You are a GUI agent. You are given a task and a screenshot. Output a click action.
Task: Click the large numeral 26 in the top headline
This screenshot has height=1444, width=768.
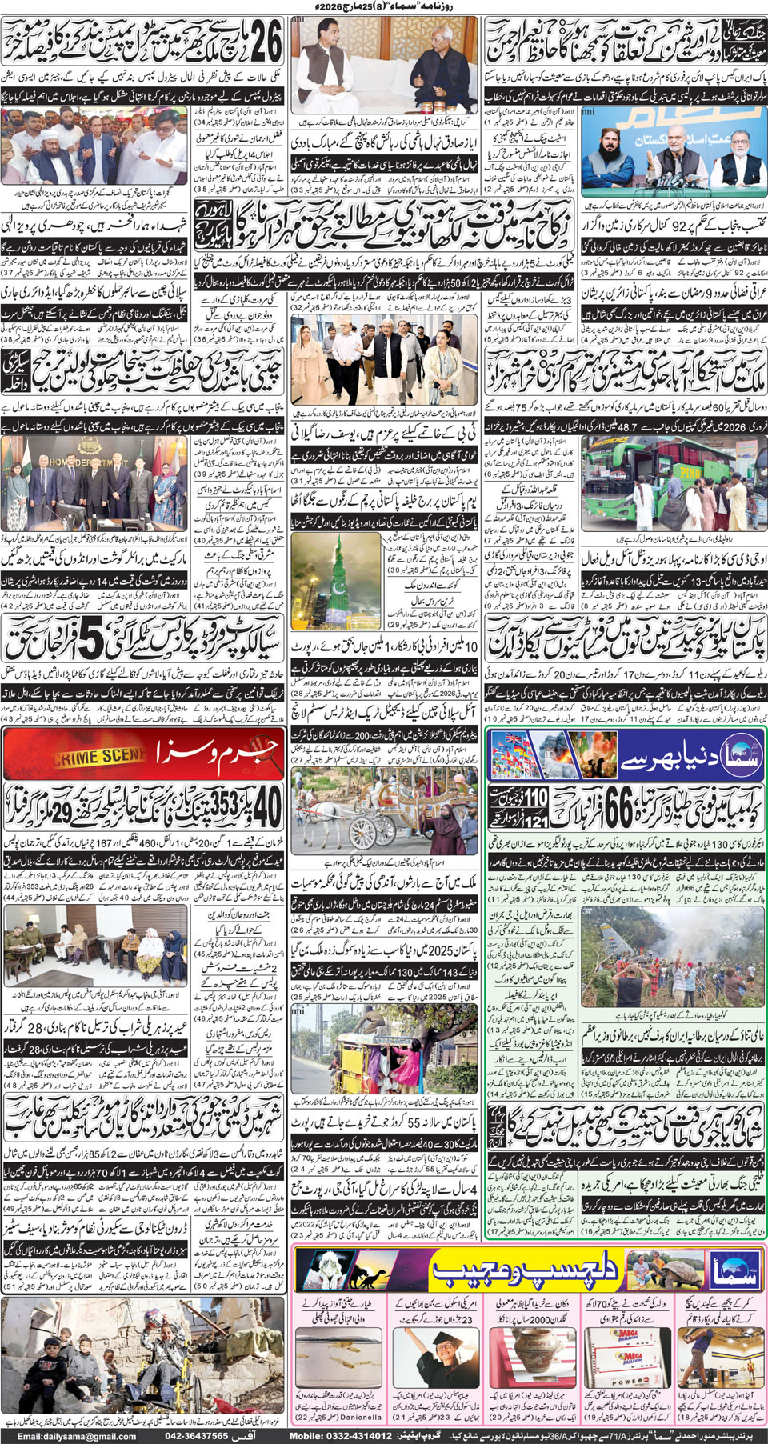point(265,42)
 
